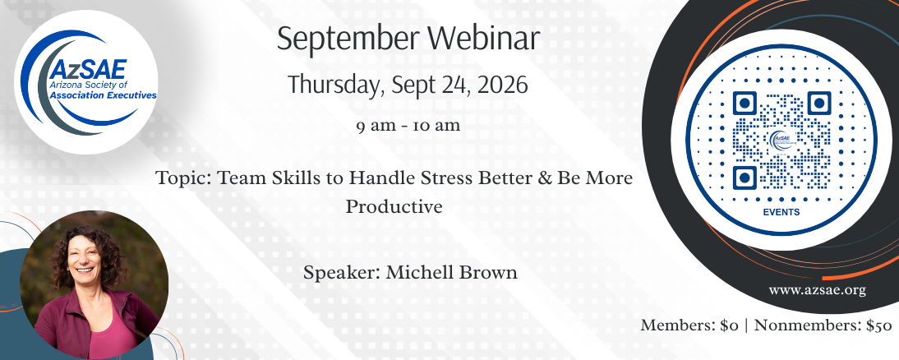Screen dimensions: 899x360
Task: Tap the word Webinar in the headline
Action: [x=484, y=39]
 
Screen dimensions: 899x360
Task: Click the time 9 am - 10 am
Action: [x=408, y=126]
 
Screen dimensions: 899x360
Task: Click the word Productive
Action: [x=394, y=205]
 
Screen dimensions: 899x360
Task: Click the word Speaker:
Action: [x=342, y=274]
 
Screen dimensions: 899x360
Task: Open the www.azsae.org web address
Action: [x=817, y=290]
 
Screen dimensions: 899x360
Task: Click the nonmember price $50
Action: [x=879, y=325]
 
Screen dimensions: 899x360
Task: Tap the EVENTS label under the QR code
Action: [x=781, y=212]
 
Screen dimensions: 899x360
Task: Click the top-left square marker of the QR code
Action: [x=745, y=104]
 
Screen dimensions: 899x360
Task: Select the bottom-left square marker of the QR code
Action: [x=745, y=178]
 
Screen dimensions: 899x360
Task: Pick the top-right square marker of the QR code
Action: [x=818, y=104]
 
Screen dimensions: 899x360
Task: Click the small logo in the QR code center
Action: [x=781, y=140]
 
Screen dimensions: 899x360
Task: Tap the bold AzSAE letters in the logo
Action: [x=88, y=69]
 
